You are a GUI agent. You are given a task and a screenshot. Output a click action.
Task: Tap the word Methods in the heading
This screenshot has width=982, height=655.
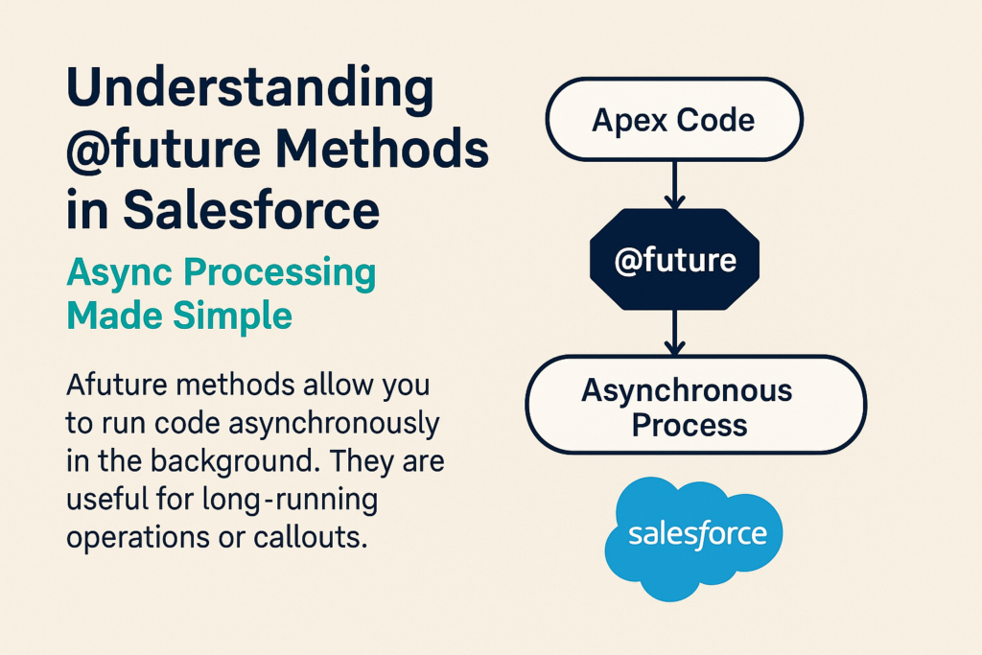pos(382,149)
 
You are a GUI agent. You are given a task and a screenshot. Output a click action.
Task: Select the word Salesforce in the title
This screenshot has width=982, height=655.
pos(251,209)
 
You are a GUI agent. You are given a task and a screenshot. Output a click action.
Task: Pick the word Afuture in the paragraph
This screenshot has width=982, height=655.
pos(117,385)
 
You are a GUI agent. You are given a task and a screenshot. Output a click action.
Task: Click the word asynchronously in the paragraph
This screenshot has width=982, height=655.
pos(334,425)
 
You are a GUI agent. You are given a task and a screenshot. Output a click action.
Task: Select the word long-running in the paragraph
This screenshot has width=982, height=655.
pos(290,501)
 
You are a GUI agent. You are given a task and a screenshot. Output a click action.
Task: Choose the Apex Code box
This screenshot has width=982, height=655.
pos(674,119)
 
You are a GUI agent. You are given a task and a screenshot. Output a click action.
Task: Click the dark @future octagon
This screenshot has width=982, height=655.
pos(674,259)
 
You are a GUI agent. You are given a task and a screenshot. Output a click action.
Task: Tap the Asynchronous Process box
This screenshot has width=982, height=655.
pos(696,405)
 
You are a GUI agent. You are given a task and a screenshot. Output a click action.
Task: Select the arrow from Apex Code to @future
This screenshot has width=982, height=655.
pos(674,185)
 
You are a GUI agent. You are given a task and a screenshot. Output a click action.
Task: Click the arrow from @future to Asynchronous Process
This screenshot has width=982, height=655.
pos(674,333)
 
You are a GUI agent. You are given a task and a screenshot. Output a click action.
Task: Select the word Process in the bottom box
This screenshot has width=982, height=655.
pos(689,426)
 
